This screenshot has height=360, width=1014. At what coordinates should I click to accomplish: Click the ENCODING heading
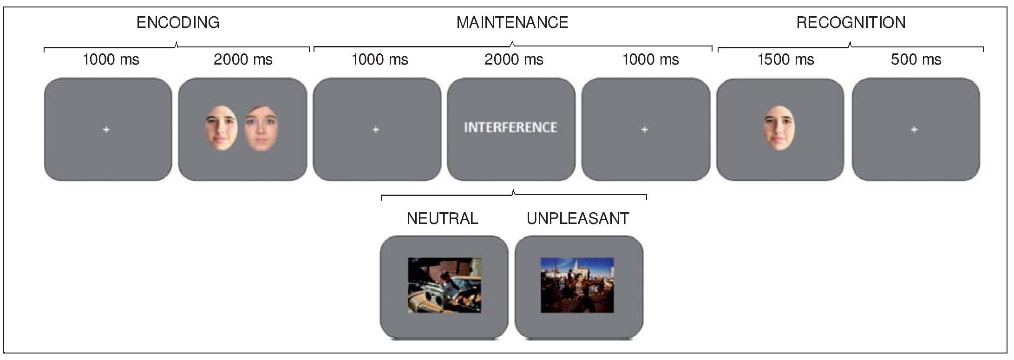178,22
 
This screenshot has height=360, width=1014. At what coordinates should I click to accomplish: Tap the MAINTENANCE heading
512,22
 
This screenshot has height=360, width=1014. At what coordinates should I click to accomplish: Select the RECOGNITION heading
851,22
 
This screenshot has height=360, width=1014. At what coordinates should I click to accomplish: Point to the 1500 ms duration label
786,59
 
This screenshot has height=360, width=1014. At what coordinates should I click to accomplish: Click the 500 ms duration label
916,59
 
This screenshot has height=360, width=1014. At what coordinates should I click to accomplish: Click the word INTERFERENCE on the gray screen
510,127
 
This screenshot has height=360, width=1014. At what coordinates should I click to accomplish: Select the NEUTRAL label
442,218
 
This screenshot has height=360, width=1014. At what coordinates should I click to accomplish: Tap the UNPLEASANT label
578,218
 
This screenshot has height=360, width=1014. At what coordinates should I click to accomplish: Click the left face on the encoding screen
222,127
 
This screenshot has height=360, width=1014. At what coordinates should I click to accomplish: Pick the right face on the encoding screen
261,128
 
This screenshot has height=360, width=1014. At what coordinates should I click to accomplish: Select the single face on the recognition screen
779,127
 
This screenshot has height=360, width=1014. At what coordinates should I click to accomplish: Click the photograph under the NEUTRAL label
445,285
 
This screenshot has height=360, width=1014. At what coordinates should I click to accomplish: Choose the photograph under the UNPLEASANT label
577,285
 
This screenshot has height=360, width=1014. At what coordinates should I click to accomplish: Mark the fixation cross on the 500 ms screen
914,130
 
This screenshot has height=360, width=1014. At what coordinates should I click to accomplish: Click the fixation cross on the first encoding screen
106,130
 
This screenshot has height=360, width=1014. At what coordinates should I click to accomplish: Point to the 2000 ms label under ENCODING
243,59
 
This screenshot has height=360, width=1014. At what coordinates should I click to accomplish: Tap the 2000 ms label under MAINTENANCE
514,59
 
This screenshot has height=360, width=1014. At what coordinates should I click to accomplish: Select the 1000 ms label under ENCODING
111,59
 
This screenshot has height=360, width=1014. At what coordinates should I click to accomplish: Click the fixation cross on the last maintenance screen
644,130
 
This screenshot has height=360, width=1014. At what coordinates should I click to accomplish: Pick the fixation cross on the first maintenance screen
376,130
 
